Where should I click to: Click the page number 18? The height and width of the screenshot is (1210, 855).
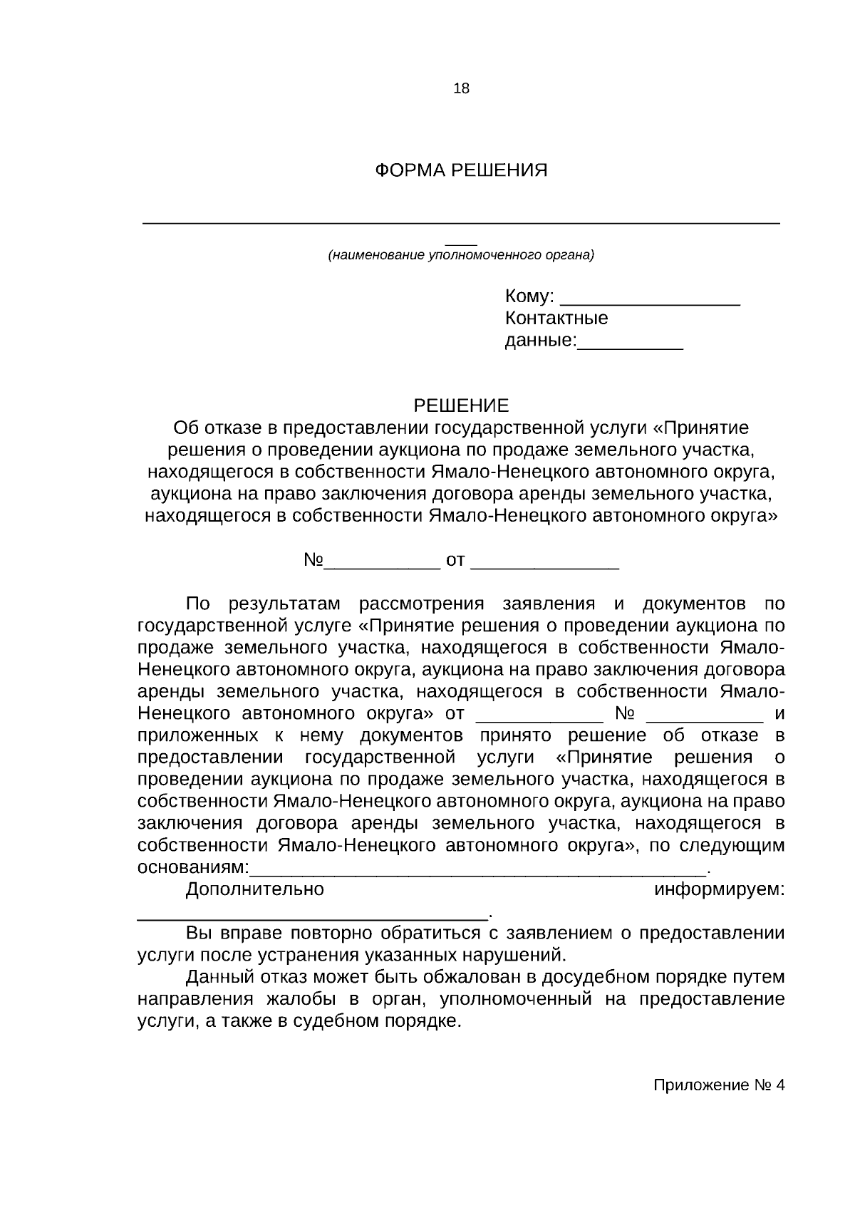(461, 89)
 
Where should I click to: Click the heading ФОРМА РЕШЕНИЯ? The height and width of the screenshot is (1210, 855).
(461, 171)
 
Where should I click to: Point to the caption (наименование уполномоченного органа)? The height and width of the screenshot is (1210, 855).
(460, 255)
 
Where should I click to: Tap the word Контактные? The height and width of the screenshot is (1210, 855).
(556, 318)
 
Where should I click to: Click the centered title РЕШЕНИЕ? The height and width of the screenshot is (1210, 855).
(461, 406)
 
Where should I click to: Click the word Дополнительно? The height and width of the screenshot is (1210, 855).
(254, 889)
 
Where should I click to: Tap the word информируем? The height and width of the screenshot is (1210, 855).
(720, 889)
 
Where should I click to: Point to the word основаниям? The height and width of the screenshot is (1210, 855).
(193, 868)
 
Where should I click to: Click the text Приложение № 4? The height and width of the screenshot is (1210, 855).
(719, 1086)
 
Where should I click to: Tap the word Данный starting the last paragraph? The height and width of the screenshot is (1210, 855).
(217, 978)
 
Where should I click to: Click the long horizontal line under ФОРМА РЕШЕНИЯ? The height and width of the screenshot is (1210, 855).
(461, 224)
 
